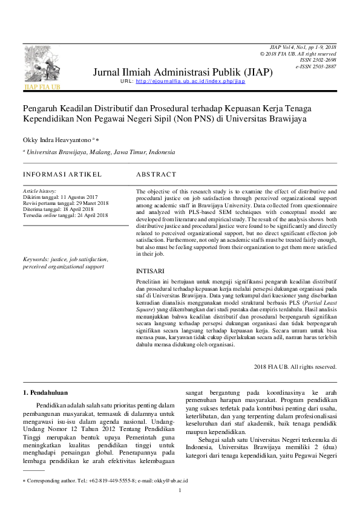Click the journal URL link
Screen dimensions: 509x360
click(191, 81)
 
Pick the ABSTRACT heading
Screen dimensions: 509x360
click(157, 174)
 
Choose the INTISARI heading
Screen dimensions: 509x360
click(149, 271)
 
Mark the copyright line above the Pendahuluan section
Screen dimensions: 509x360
click(295, 366)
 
